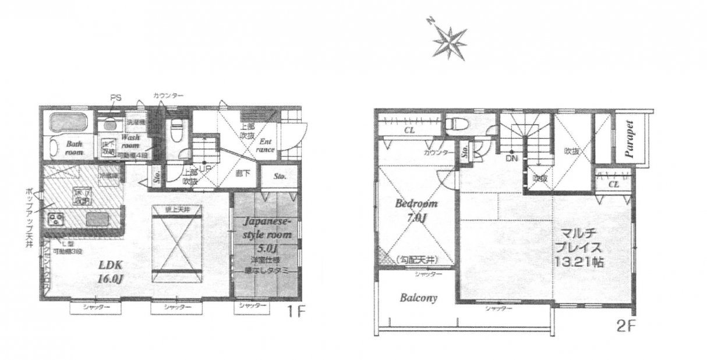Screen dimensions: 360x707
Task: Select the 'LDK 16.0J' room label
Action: (112, 272)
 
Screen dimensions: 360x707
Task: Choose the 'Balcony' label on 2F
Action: (419, 298)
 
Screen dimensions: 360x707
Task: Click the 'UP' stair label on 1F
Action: (204, 169)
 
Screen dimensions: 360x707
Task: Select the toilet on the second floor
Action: (455, 124)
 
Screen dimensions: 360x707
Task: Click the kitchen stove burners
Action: (56, 220)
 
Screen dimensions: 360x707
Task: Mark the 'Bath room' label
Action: (74, 147)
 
